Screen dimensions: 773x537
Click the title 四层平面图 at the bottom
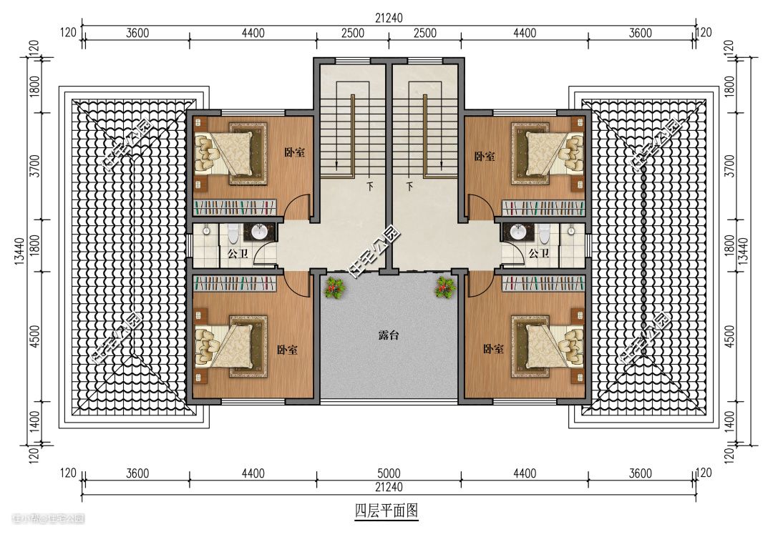[x=386, y=511]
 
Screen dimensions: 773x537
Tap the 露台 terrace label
[x=389, y=335]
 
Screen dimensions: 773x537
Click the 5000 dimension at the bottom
[x=389, y=473]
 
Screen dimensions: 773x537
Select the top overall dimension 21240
[x=389, y=18]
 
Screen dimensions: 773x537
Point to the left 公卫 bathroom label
[x=238, y=254]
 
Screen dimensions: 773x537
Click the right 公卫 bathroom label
[x=539, y=253]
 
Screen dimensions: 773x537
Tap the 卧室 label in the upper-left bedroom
[x=294, y=152]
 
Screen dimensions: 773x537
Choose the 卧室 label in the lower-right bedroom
[x=493, y=349]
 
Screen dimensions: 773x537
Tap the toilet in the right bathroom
[x=544, y=234]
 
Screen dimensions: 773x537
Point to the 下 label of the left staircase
[x=370, y=187]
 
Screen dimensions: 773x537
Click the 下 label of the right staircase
[x=409, y=187]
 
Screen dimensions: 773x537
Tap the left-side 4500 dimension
[x=34, y=336]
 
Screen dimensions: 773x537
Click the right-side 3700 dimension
[x=730, y=166]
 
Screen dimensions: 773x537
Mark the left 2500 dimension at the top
[x=353, y=33]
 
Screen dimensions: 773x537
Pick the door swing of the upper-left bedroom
[x=298, y=203]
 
